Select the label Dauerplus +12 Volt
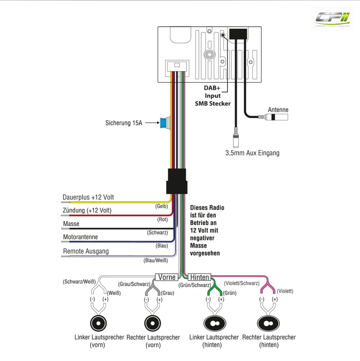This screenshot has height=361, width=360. coord(88,197)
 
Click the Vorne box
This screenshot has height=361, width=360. coord(167,277)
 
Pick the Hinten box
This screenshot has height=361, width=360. coord(199,277)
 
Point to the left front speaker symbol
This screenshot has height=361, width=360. coord(98,323)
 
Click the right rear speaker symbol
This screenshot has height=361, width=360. coord(268,324)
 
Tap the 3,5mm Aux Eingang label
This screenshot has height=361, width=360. coord(252,153)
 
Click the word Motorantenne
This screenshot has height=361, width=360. coord(80,237)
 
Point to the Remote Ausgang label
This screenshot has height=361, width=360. coord(86,251)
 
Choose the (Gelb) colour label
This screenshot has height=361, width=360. coord(161,206)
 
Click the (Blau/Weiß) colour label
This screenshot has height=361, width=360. coord(156,261)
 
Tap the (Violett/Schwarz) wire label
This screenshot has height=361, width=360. coord(242,283)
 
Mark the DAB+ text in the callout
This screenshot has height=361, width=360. coord(212,88)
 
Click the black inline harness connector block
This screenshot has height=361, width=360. coord(177,181)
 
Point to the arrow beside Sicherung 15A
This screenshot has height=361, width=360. coord(152,123)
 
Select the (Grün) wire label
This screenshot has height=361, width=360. coord(230,293)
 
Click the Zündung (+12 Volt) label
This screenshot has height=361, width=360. coord(87,210)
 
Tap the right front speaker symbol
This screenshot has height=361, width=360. coord(152,323)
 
